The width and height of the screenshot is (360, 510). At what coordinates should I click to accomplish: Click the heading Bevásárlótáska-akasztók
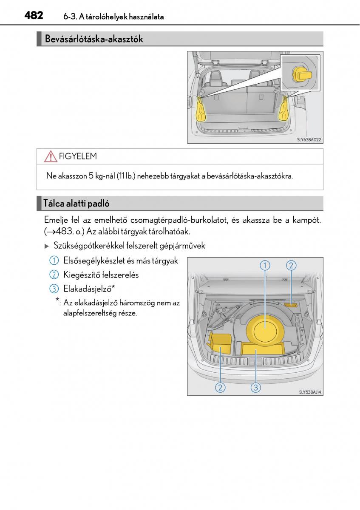tap(94, 40)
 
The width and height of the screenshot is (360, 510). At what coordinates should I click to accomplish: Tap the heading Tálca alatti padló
tap(77, 204)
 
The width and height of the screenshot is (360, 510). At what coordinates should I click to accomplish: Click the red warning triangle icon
tap(50, 157)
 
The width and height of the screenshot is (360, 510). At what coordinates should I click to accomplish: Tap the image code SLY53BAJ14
tap(310, 392)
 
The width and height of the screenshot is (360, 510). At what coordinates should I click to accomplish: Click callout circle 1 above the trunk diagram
tap(265, 266)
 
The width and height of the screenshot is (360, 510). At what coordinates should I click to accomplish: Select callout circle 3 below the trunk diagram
tap(255, 387)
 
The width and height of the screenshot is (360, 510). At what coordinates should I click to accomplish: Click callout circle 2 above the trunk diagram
tap(291, 266)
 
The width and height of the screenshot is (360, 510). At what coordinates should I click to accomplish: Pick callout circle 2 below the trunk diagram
tap(220, 387)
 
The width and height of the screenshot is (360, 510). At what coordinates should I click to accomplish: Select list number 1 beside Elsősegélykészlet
tap(54, 261)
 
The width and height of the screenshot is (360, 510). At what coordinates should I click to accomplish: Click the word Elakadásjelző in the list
tap(87, 289)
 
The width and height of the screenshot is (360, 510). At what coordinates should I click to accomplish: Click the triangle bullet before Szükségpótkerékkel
tap(47, 246)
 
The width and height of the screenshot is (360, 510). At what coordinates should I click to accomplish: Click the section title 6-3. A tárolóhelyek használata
tap(113, 17)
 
